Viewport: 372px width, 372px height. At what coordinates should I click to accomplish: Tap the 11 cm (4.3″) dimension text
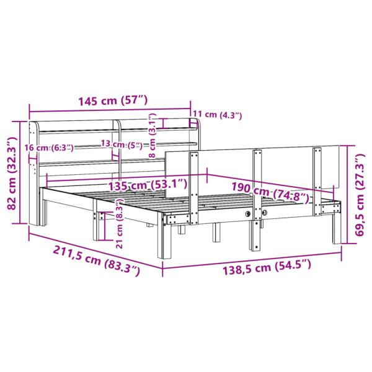[x=217, y=114]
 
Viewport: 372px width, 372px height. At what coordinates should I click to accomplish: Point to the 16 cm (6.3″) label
[x=48, y=147]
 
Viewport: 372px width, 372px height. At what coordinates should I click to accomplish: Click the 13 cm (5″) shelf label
[x=122, y=145]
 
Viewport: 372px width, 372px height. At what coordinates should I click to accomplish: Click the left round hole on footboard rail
[x=249, y=213]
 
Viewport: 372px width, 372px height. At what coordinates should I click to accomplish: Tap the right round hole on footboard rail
[x=265, y=213]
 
